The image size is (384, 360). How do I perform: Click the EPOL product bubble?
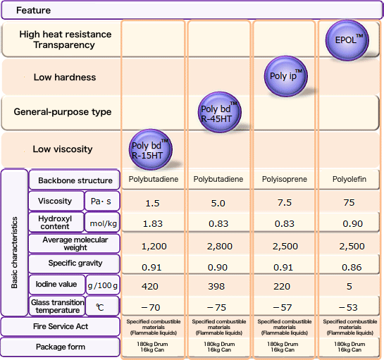(x=349, y=39)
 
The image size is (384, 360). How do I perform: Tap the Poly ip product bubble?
(x=285, y=75)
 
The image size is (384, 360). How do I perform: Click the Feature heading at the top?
(x=33, y=11)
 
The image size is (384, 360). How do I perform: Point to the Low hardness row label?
(x=64, y=77)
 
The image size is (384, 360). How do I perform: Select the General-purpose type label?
(x=62, y=113)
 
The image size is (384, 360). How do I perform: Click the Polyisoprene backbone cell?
(x=284, y=180)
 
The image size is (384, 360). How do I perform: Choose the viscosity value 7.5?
(x=284, y=203)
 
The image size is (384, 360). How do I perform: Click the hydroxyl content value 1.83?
(x=153, y=223)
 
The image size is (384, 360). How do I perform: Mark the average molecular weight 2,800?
(x=218, y=246)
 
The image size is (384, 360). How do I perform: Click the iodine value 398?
(x=218, y=287)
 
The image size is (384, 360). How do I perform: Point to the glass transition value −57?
(x=284, y=307)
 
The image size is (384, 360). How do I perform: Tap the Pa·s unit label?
(x=102, y=201)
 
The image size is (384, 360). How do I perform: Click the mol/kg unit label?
(x=102, y=223)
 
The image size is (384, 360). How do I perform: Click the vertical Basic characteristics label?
(x=14, y=243)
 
